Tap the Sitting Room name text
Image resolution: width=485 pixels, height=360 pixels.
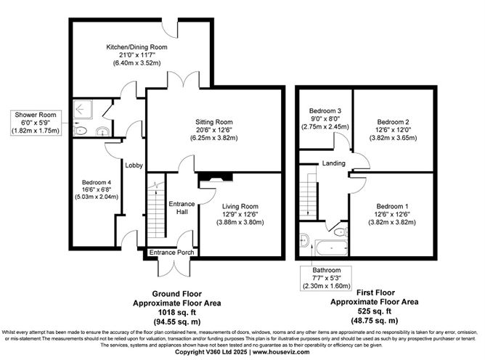click(x=213, y=122)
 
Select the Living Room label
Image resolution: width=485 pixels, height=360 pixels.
click(x=240, y=206)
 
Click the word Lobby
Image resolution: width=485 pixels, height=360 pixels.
click(x=134, y=165)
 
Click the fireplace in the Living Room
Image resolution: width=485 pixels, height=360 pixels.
click(x=215, y=176)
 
